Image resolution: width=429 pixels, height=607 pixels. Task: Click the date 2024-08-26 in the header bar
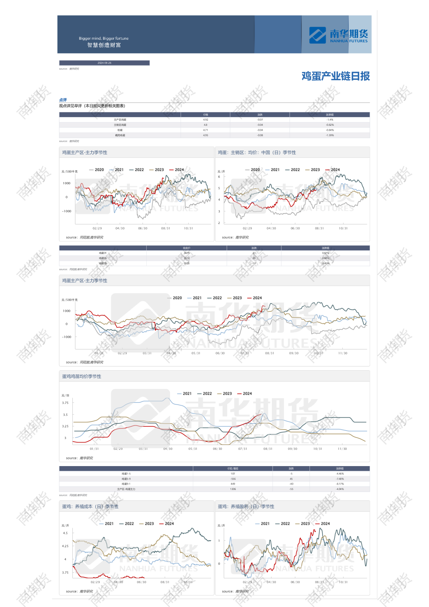pyautogui.click(x=104, y=63)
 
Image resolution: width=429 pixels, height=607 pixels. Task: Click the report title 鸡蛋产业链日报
pyautogui.click(x=335, y=76)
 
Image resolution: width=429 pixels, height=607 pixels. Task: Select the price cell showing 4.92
pyautogui.click(x=205, y=120)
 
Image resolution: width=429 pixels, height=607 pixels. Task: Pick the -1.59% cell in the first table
pyautogui.click(x=330, y=135)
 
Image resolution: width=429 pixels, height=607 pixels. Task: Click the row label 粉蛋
pyautogui.click(x=120, y=130)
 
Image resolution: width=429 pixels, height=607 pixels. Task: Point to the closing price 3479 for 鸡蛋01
pyautogui.click(x=186, y=253)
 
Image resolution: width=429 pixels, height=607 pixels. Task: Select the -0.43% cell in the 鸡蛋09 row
pyautogui.click(x=325, y=263)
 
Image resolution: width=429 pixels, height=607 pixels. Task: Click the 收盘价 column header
pyautogui.click(x=186, y=248)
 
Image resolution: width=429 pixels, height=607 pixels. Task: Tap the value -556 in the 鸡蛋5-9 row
pyautogui.click(x=233, y=479)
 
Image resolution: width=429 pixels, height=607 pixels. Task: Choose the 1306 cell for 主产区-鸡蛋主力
pyautogui.click(x=233, y=489)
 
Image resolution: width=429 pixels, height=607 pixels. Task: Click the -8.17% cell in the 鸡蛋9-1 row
pyautogui.click(x=340, y=484)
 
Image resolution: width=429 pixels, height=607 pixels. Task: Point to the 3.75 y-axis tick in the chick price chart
pyautogui.click(x=65, y=403)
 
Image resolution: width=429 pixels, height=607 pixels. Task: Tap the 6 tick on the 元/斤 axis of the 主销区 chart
pyautogui.click(x=219, y=177)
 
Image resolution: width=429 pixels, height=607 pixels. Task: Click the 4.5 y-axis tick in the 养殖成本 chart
pyautogui.click(x=65, y=533)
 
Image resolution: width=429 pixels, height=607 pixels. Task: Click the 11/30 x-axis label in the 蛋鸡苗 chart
pyautogui.click(x=342, y=449)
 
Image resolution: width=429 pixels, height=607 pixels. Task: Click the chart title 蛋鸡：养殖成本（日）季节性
pyautogui.click(x=90, y=507)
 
